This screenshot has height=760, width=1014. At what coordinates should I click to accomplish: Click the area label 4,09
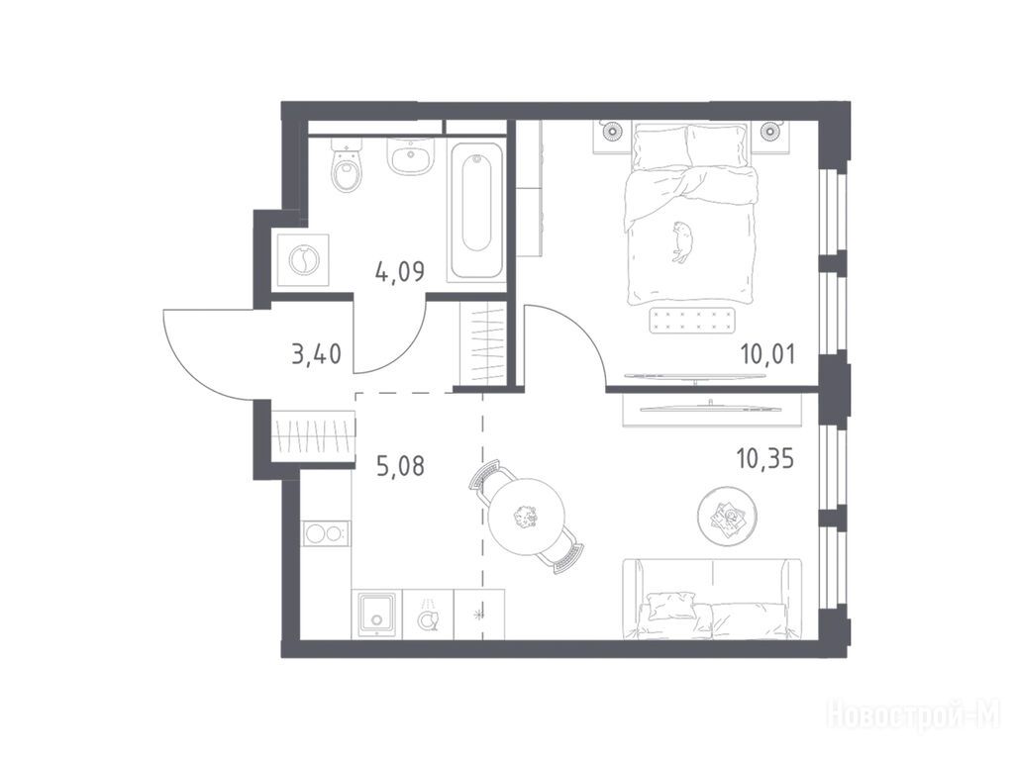(x=400, y=271)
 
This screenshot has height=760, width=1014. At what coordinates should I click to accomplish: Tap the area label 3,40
(x=316, y=354)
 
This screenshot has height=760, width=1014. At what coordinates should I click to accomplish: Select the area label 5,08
(x=400, y=465)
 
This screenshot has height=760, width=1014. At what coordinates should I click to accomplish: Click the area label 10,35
(x=765, y=459)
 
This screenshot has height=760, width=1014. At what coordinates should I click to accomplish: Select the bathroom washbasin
(x=410, y=156)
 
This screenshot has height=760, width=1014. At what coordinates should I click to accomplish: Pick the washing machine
(x=303, y=260)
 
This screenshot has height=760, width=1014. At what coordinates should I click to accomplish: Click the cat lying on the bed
(x=680, y=241)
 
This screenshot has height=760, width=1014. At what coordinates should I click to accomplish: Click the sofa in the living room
(x=711, y=599)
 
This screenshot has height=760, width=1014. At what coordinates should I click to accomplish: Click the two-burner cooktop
(x=325, y=533)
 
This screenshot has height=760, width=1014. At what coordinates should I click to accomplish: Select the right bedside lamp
(x=769, y=132)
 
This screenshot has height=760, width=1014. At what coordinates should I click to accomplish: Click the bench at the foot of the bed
(x=693, y=321)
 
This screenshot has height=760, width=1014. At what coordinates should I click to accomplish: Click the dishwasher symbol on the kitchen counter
(x=427, y=615)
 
